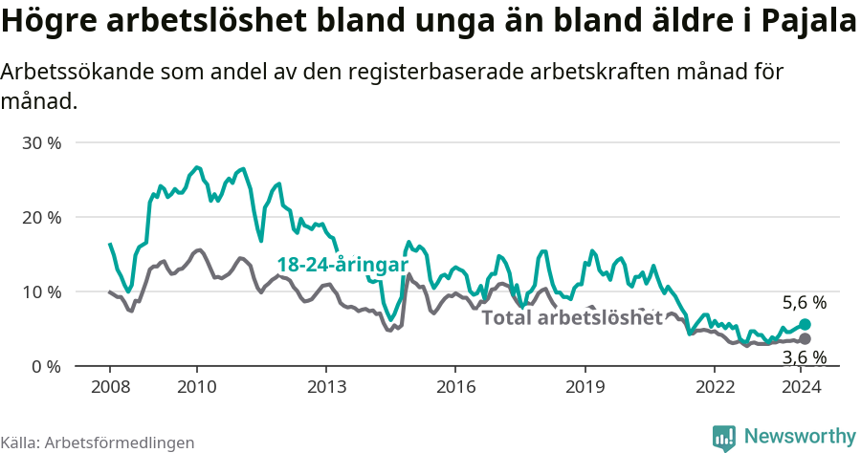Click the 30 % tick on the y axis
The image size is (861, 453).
40,143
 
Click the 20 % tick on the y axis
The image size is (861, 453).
40,217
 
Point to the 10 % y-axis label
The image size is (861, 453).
40,291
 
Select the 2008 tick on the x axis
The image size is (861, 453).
109,386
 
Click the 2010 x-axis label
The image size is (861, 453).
196,386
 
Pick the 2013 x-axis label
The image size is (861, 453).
325,386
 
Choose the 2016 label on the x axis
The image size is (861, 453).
454,386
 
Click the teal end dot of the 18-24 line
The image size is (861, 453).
805,325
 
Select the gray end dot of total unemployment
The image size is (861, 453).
805,339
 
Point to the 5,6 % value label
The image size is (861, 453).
804,303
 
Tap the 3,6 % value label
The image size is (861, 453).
804,357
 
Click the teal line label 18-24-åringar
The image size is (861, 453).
342,265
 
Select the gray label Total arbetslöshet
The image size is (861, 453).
571,317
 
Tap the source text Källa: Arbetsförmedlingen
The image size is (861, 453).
98,442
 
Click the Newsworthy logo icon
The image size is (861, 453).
724,437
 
